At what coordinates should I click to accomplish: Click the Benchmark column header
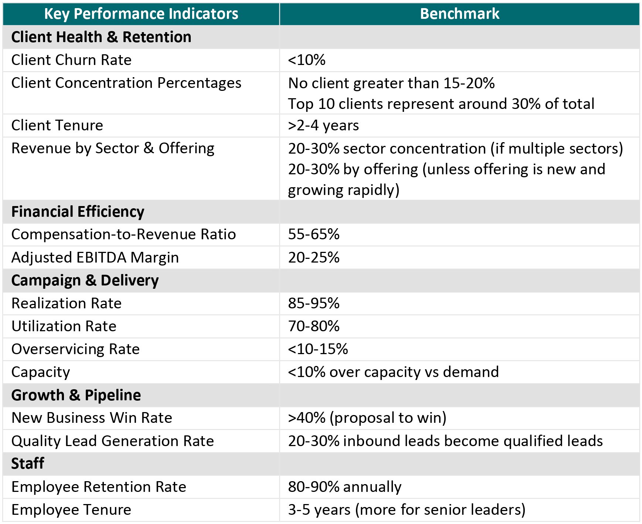point(459,14)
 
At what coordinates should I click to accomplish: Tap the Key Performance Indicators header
point(141,14)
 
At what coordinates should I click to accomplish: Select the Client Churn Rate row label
point(71,60)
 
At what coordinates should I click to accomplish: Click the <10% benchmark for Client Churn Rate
point(306,60)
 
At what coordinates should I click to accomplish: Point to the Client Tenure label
point(57,125)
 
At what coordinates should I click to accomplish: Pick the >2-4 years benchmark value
point(323,126)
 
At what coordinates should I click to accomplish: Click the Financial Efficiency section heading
point(78,212)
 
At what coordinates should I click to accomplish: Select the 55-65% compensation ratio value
point(313,234)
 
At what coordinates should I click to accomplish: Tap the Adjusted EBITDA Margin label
point(95,257)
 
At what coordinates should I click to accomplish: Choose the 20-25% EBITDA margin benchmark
point(313,257)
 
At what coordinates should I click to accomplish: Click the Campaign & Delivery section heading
point(85,280)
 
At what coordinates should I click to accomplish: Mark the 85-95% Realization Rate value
point(313,303)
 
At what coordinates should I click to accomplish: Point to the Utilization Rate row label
point(64,326)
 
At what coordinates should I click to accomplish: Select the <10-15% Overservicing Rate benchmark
point(318,349)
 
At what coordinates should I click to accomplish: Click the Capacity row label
point(41,372)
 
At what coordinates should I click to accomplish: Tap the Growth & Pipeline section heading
point(76,395)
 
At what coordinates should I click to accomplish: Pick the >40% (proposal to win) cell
point(367,418)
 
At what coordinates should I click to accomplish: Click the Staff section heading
point(28,463)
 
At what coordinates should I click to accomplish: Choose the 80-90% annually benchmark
point(344,487)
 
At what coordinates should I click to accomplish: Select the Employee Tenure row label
point(71,510)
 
